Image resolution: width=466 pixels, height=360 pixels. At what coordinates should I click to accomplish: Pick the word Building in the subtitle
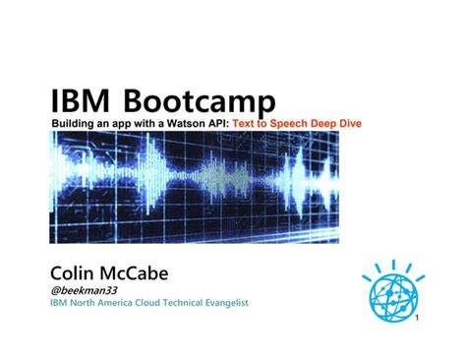73,122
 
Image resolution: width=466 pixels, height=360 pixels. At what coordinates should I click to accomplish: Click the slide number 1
418,322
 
